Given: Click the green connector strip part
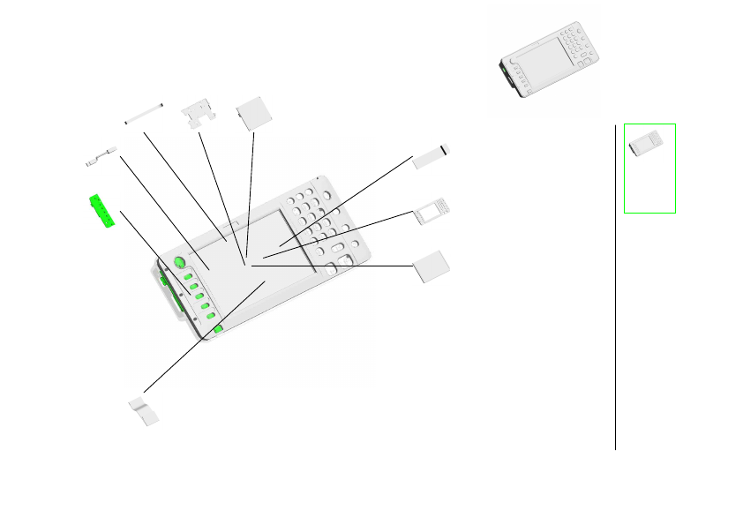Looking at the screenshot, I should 102,211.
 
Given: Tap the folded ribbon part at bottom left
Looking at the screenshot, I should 144,410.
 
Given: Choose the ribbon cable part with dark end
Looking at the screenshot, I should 432,154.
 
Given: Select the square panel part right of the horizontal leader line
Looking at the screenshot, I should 432,266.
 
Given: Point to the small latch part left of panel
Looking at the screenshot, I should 101,156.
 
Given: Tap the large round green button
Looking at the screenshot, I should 179,262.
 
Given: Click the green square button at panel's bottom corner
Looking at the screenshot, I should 218,329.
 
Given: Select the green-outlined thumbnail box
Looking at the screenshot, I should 649,168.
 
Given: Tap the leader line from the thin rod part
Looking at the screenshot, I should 185,185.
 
